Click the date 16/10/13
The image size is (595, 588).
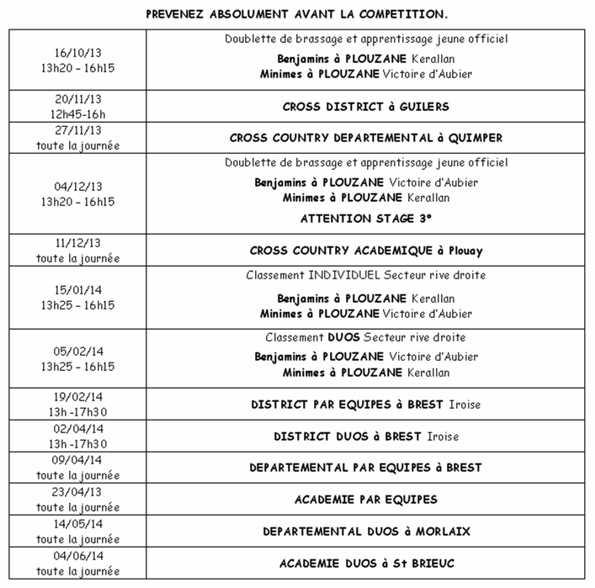77,53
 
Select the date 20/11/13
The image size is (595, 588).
77,99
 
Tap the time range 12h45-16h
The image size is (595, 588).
77,114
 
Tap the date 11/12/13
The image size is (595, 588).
77,243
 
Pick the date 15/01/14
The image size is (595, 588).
77,290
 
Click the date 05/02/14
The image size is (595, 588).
77,352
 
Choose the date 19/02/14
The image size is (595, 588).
77,397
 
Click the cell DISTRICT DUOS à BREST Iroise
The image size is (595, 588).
366,437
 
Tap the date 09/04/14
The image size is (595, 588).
77,460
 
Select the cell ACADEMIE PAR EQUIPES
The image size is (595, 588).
366,500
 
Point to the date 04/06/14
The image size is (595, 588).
77,556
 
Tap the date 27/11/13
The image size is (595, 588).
77,130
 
